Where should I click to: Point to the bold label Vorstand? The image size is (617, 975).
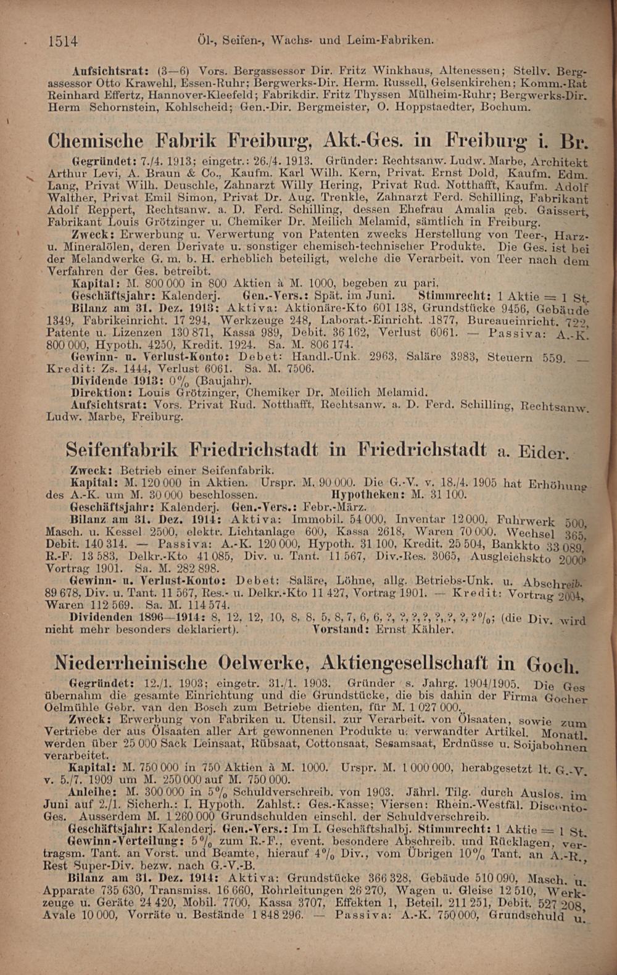tap(339, 630)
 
